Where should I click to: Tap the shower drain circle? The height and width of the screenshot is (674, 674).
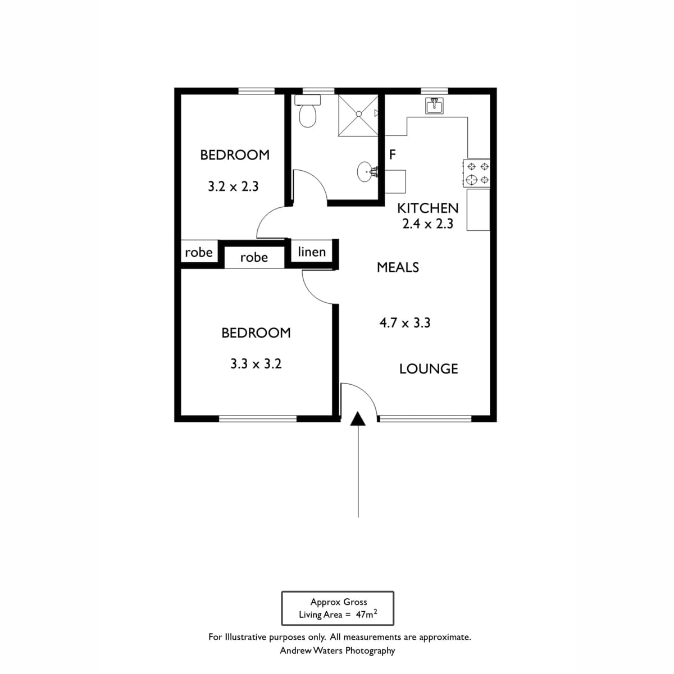tap(358, 114)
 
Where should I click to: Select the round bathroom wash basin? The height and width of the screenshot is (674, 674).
tap(365, 171)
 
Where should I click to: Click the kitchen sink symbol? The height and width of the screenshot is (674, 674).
tap(434, 106)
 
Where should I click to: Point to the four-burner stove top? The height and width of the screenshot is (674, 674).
tap(476, 173)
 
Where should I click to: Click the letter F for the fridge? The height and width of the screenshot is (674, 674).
tap(393, 154)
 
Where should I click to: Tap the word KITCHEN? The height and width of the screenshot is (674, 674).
tap(428, 208)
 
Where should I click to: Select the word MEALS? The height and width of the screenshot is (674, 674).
tap(398, 267)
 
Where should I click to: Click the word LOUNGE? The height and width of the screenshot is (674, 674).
tap(429, 369)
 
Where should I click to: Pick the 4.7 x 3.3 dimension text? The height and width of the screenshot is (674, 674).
tap(404, 323)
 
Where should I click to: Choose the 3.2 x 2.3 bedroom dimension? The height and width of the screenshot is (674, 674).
tap(233, 186)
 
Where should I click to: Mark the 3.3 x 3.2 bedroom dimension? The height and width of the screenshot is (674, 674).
tap(256, 364)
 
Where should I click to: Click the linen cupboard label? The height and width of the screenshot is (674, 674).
tap(312, 252)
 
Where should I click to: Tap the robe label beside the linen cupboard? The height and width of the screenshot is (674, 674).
tap(254, 258)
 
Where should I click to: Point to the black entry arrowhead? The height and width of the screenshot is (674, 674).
tap(358, 418)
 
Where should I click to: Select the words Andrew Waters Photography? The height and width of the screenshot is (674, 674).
tap(337, 651)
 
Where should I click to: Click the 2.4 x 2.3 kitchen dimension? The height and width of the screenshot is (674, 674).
tap(428, 224)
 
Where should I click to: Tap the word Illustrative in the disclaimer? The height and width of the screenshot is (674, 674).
tap(246, 637)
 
